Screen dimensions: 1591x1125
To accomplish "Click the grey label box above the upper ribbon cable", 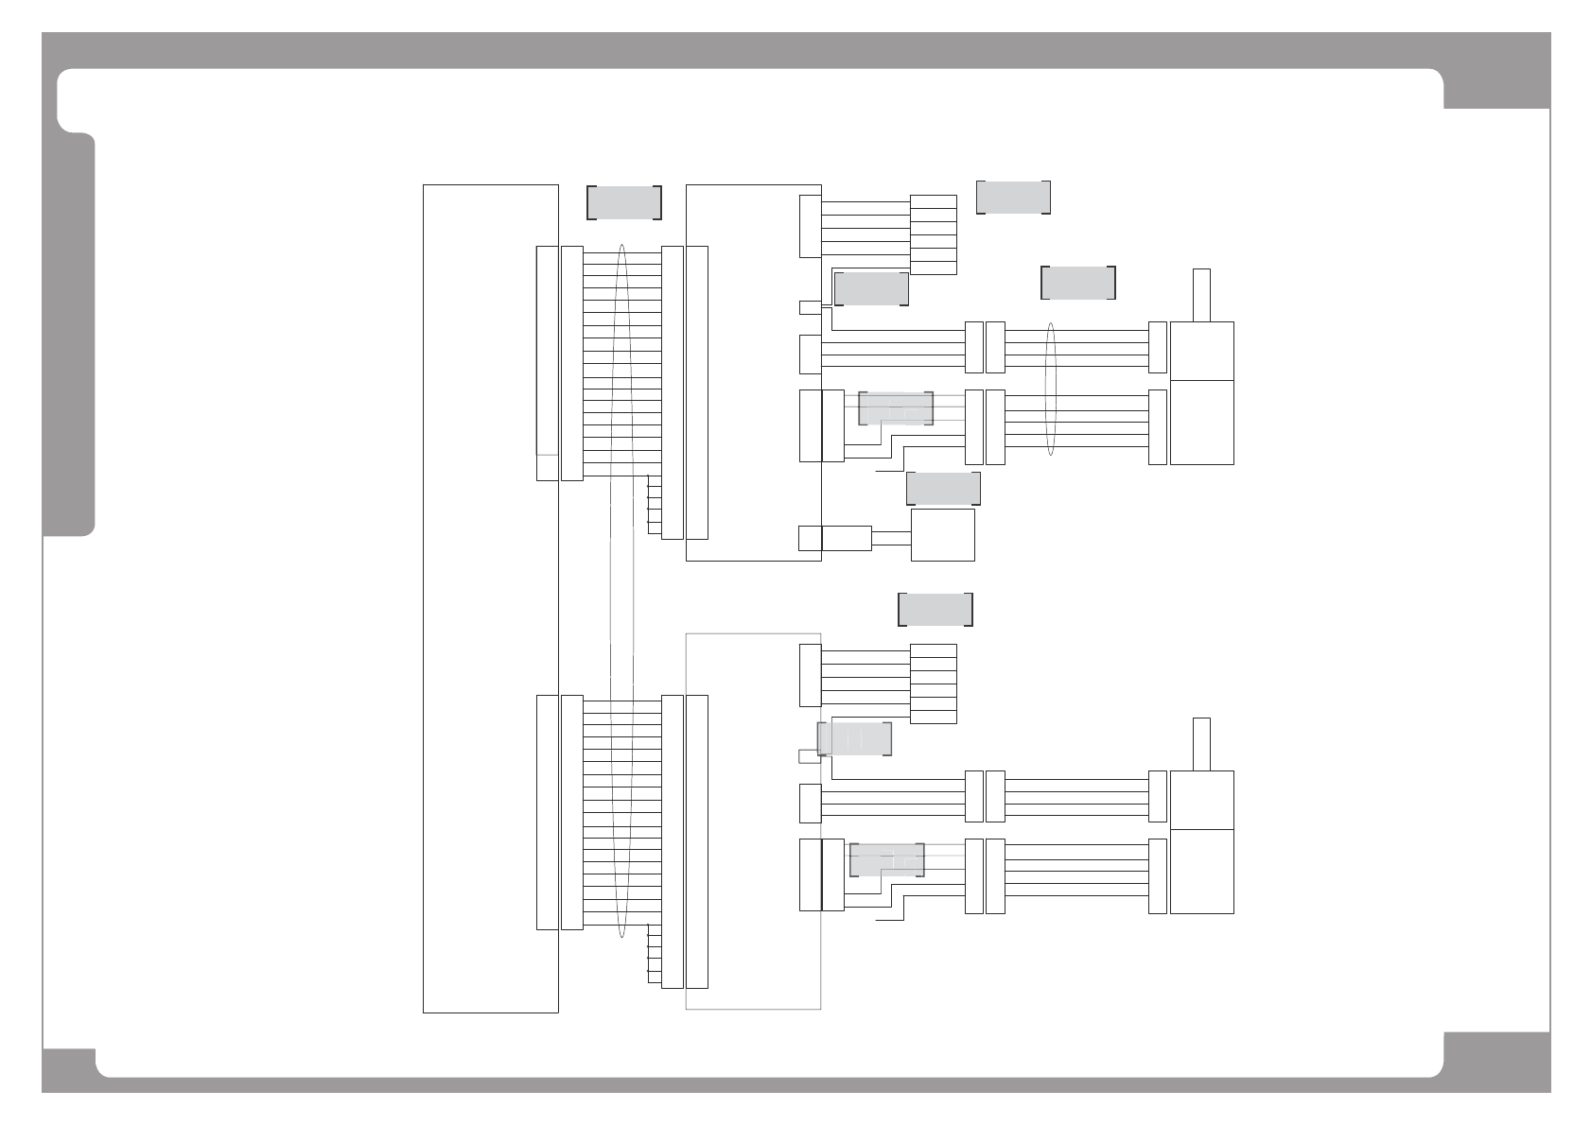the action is pyautogui.click(x=623, y=203).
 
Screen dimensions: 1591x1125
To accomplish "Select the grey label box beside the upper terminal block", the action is pyautogui.click(x=1013, y=197).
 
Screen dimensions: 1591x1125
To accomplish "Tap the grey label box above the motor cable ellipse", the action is pyautogui.click(x=1078, y=283).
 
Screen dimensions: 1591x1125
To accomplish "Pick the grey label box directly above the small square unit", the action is pyautogui.click(x=943, y=488).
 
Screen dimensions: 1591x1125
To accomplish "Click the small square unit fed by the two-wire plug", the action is pyautogui.click(x=942, y=535).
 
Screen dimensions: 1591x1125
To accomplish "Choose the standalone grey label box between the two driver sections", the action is pyautogui.click(x=935, y=609).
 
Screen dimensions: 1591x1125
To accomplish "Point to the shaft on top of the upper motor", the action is pyautogui.click(x=1201, y=295).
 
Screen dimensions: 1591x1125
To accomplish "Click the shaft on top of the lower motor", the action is pyautogui.click(x=1201, y=744).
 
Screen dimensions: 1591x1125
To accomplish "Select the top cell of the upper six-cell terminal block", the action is pyautogui.click(x=933, y=200).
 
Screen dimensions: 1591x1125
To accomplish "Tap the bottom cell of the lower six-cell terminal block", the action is pyautogui.click(x=933, y=717).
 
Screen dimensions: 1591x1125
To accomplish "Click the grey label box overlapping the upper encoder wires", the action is pyautogui.click(x=896, y=408).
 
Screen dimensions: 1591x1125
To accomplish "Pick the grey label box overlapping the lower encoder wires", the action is pyautogui.click(x=886, y=859).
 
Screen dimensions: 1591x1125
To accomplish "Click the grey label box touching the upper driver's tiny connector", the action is pyautogui.click(x=871, y=288).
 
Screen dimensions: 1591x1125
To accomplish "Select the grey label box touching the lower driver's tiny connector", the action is pyautogui.click(x=854, y=738).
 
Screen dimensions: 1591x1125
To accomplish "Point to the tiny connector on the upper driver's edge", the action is pyautogui.click(x=810, y=307).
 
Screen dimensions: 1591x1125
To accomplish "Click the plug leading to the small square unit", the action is pyautogui.click(x=847, y=538).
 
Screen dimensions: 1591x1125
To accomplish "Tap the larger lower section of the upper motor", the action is pyautogui.click(x=1201, y=423).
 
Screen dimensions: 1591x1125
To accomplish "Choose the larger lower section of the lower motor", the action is pyautogui.click(x=1201, y=872).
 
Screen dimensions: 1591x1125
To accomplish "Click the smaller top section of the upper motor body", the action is pyautogui.click(x=1201, y=351).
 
